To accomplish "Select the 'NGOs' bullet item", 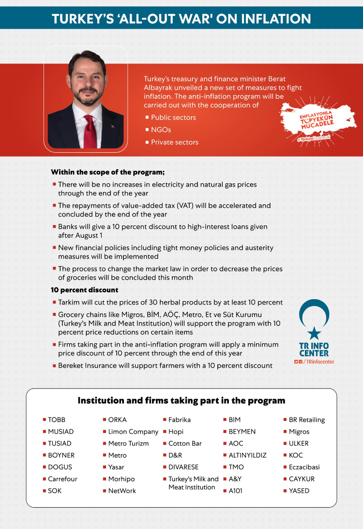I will pyautogui.click(x=161, y=130).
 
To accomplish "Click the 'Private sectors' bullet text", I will pyautogui.click(x=174, y=142).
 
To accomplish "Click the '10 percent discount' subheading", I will pyautogui.click(x=85, y=290).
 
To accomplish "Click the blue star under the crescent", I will pyautogui.click(x=314, y=333).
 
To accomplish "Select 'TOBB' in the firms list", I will pyautogui.click(x=57, y=420).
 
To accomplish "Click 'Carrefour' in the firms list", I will pyautogui.click(x=62, y=479).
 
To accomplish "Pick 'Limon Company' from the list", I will pyautogui.click(x=133, y=432).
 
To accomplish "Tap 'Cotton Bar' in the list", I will pyautogui.click(x=185, y=443).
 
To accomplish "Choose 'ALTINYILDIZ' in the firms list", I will pyautogui.click(x=247, y=455).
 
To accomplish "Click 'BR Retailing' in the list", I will pyautogui.click(x=307, y=420).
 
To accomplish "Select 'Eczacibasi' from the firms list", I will pyautogui.click(x=304, y=467).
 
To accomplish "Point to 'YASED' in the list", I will pyautogui.click(x=299, y=491).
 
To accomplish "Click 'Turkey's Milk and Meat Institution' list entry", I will pyautogui.click(x=193, y=483).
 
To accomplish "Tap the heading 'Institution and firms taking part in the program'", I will pyautogui.click(x=181, y=401).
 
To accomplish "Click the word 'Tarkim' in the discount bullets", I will pyautogui.click(x=69, y=303).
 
